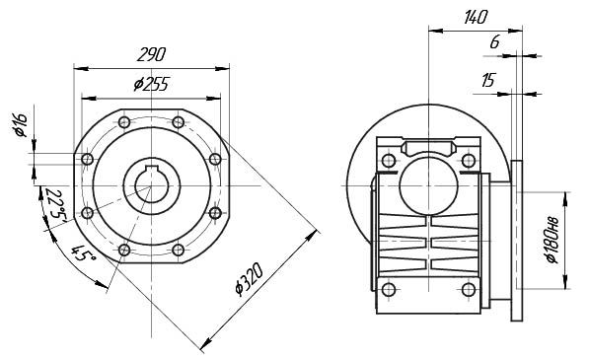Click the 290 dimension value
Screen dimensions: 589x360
click(x=151, y=55)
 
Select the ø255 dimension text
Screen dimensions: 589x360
click(x=151, y=85)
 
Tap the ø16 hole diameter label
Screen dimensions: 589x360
click(x=21, y=124)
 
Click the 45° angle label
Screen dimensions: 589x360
click(x=84, y=253)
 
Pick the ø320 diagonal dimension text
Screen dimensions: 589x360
click(x=249, y=280)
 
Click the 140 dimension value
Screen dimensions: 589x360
click(x=476, y=18)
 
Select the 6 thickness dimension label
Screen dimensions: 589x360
click(x=494, y=42)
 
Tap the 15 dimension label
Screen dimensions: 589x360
click(x=488, y=80)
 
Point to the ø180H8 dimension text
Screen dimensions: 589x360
click(x=552, y=241)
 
